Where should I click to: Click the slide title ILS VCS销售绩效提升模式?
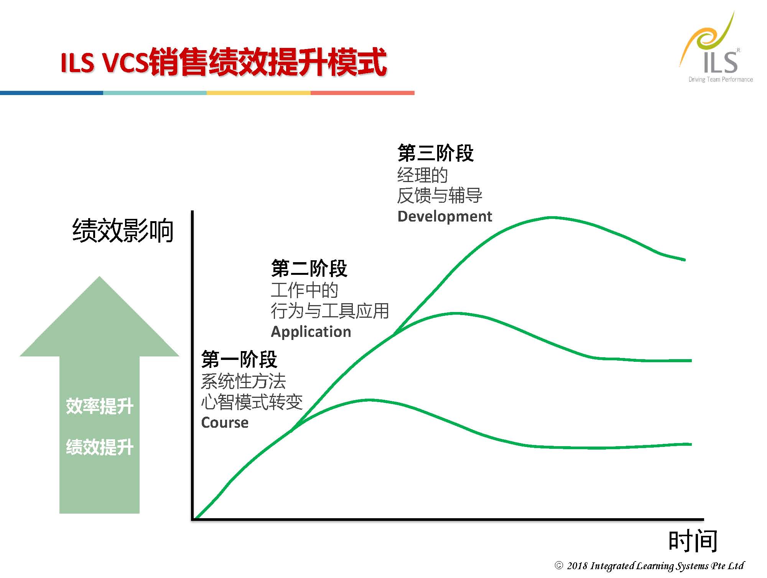224,62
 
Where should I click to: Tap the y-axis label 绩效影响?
123,230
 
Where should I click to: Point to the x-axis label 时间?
693,541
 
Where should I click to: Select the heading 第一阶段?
239,359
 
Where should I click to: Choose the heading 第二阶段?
309,268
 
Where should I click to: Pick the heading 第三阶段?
436,153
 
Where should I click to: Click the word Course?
225,422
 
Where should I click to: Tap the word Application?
311,332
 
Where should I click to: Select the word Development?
444,216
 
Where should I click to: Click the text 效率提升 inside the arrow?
100,406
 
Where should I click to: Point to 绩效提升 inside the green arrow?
100,447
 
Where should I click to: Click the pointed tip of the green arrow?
100,277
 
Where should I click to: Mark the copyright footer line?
649,566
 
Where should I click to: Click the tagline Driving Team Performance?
721,79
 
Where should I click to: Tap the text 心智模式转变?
252,402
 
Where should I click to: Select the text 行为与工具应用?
330,310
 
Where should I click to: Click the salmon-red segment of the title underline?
362,93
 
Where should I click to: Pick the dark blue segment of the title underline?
51,93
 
